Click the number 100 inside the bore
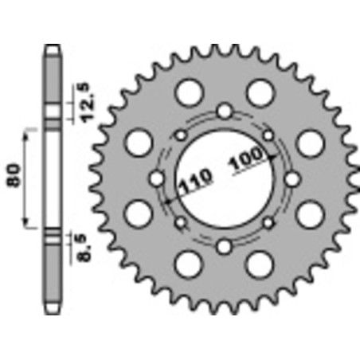[245, 162]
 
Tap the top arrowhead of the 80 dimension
[29, 127]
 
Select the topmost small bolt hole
[225, 110]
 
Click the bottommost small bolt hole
[225, 245]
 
